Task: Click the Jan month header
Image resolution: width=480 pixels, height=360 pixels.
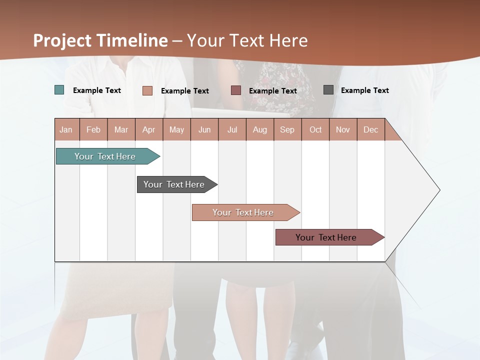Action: coord(66,129)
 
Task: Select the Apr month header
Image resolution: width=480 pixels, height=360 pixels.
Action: coord(148,129)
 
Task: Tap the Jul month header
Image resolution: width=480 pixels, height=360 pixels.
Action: coord(232,129)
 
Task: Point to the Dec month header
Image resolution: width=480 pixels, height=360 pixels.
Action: coord(370,129)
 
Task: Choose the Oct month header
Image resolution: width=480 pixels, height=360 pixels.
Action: coord(315,129)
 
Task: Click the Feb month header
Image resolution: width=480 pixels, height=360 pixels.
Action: coord(93,129)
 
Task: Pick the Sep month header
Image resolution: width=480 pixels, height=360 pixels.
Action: coord(287,129)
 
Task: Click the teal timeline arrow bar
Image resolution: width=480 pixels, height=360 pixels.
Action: coord(105,156)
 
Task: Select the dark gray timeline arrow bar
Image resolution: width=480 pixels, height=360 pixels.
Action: coord(174,184)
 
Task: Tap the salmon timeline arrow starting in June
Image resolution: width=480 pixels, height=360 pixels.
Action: coord(243,212)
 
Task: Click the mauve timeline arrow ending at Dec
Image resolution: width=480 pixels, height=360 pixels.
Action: coord(326,237)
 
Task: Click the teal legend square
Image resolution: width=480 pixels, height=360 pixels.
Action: coord(59,90)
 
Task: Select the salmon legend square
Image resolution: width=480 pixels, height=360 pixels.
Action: coord(147,90)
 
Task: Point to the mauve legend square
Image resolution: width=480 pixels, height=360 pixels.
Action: coord(236,90)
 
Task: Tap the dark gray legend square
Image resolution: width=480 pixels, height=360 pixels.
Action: coord(328,89)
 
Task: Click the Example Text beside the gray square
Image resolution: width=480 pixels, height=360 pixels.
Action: coord(364,90)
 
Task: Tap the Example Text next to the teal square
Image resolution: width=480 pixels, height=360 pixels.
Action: coord(96,90)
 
